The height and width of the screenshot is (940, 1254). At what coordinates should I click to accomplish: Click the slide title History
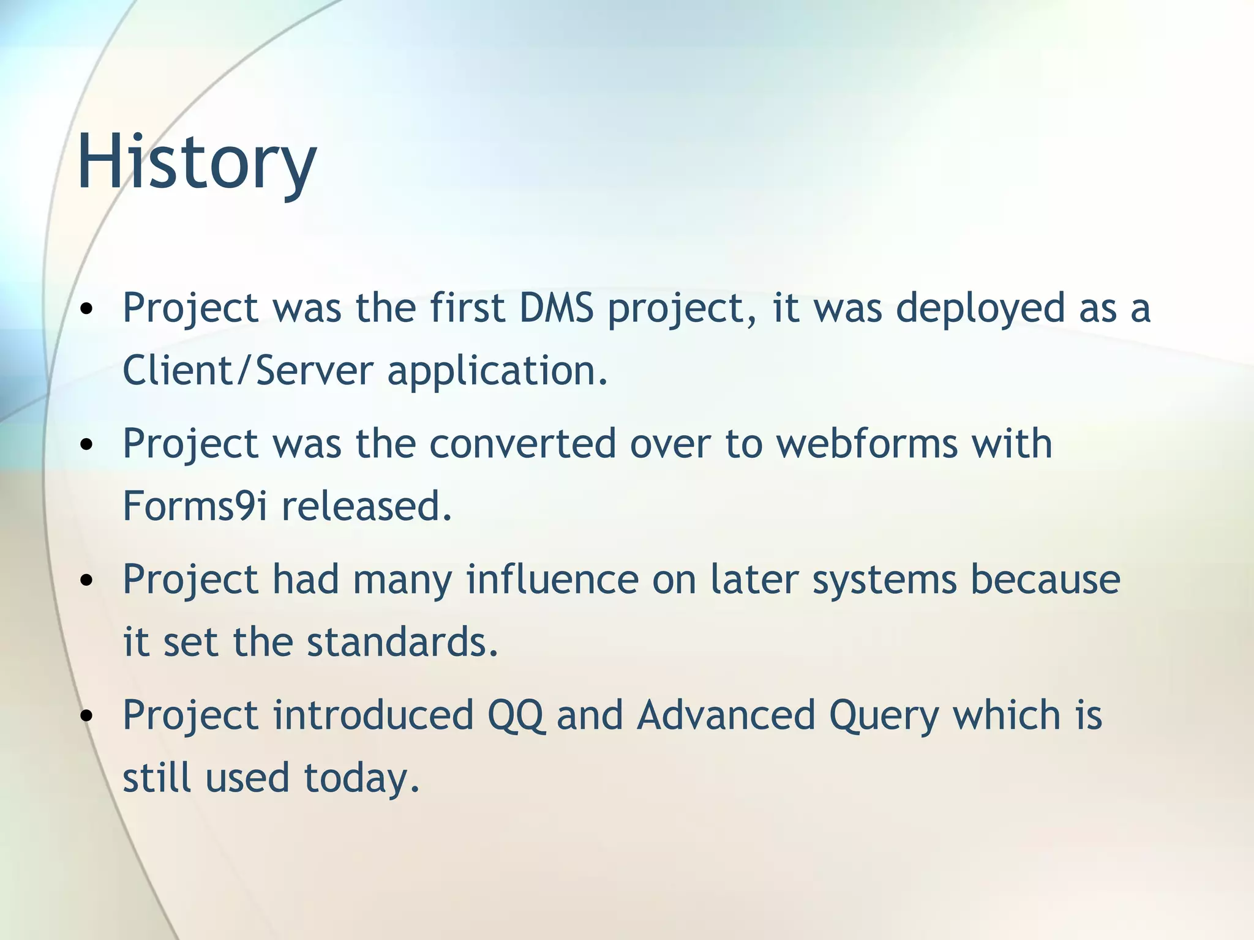(x=197, y=162)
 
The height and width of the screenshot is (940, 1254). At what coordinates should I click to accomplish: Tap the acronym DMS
(x=556, y=308)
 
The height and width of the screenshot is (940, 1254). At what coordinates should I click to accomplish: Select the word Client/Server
(x=247, y=371)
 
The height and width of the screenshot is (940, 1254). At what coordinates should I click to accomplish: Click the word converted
(x=522, y=443)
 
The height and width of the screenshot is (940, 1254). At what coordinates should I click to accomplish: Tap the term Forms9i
(x=195, y=506)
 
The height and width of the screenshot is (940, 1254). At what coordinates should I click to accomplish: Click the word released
(x=366, y=506)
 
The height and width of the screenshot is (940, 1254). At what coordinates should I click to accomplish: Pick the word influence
(x=552, y=579)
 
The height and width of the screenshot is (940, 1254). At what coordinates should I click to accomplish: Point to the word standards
(x=402, y=642)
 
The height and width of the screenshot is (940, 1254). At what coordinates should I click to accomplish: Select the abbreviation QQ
(x=515, y=715)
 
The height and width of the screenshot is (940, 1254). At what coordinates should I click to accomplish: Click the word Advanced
(x=726, y=715)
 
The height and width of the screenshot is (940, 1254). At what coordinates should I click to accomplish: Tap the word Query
(x=883, y=716)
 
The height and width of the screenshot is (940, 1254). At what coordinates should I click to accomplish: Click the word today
(x=361, y=778)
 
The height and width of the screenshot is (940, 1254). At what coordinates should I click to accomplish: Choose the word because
(x=1045, y=579)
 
